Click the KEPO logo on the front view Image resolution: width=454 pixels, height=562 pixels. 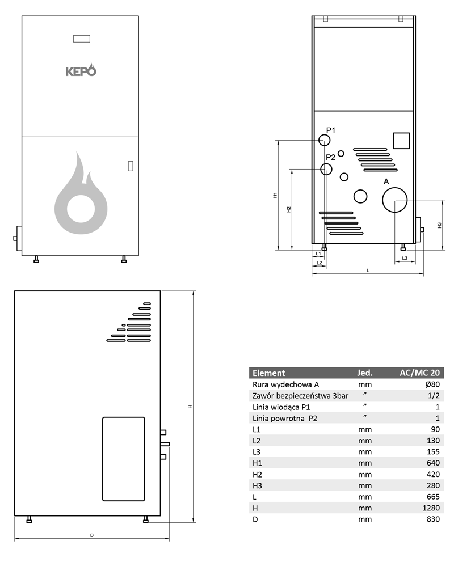pyautogui.click(x=81, y=70)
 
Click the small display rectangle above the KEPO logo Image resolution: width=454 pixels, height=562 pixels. pyautogui.click(x=81, y=39)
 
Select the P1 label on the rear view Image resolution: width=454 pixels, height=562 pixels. pyautogui.click(x=331, y=130)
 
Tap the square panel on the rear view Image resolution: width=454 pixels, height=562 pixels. pyautogui.click(x=401, y=141)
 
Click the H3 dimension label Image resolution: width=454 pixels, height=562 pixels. pyautogui.click(x=439, y=226)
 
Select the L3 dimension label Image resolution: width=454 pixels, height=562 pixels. pyautogui.click(x=405, y=258)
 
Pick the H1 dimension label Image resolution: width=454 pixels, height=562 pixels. pyautogui.click(x=275, y=195)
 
